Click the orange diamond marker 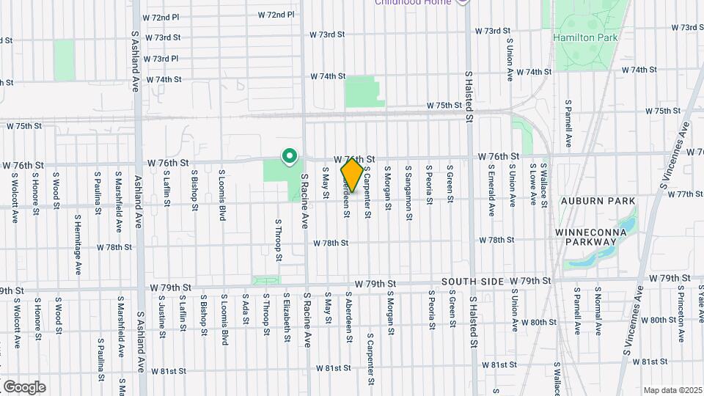(x=352, y=175)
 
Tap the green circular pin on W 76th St (x=290, y=156)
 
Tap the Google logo (x=24, y=386)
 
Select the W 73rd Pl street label (x=161, y=59)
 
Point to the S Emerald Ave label (x=491, y=189)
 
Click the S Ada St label (x=246, y=313)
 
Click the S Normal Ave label (x=598, y=311)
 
